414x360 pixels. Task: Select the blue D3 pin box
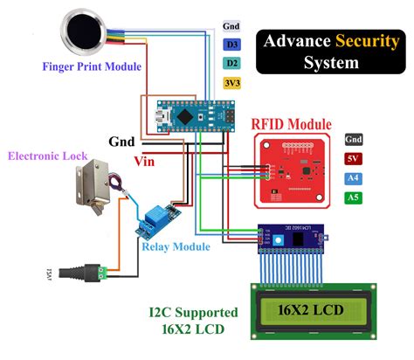tap(231, 44)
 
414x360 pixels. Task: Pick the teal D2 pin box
tap(231, 63)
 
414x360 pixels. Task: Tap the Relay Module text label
tap(175, 247)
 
